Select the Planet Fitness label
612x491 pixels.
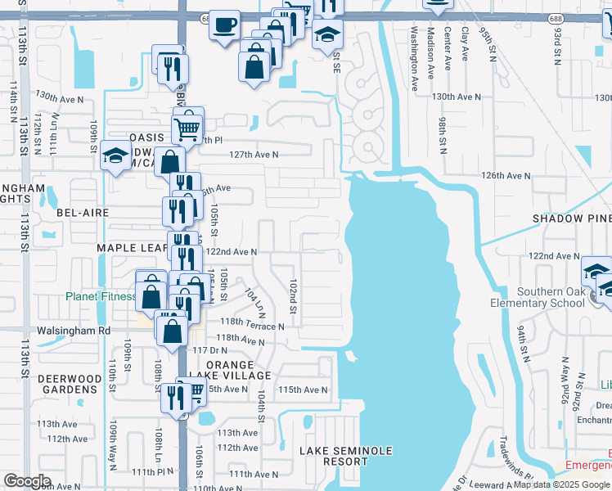pos(101,296)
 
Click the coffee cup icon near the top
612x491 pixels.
pos(225,25)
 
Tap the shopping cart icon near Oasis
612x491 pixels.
pos(188,126)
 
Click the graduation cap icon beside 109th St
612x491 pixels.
pos(116,156)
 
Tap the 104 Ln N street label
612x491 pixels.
pos(254,303)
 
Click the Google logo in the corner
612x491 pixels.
pos(28,481)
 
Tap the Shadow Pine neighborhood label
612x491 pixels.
pos(571,218)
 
